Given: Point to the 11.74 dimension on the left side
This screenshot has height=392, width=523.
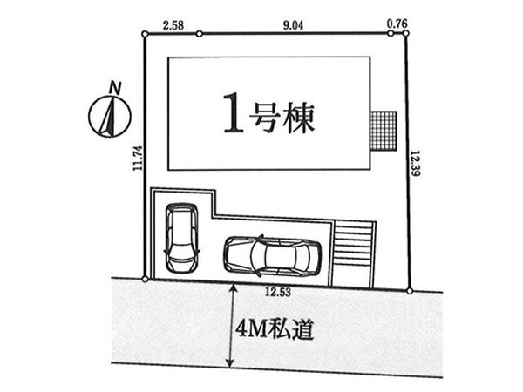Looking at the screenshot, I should (137, 159).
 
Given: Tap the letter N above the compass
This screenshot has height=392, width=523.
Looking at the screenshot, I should (114, 86).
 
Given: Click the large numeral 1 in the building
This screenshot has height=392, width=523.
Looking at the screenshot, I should (232, 114).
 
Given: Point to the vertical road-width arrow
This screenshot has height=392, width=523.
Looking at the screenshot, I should (230, 325).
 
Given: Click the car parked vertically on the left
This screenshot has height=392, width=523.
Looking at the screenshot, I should (181, 235).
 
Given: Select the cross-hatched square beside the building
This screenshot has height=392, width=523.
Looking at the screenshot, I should (384, 132).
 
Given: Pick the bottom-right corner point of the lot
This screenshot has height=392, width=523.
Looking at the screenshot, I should (410, 290).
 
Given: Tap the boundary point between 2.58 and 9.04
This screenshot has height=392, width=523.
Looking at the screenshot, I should (199, 34).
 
